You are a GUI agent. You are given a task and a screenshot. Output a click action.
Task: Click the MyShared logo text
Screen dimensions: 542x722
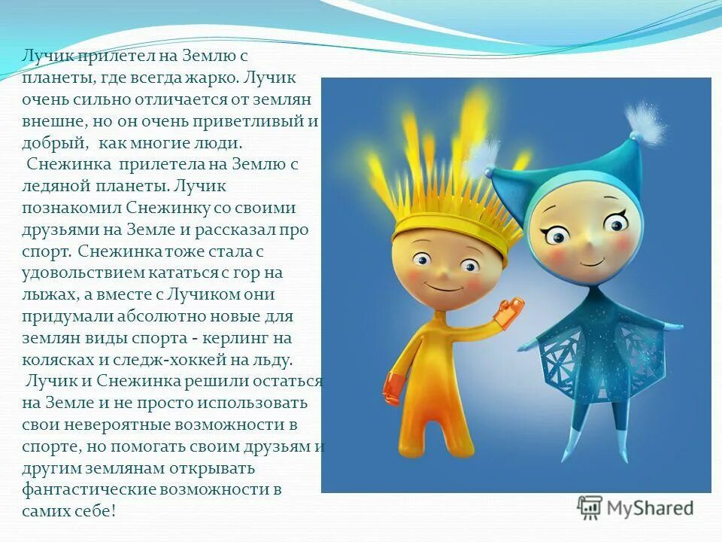pyautogui.click(x=650, y=508)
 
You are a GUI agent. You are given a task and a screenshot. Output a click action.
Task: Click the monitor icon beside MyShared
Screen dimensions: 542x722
pyautogui.click(x=590, y=507)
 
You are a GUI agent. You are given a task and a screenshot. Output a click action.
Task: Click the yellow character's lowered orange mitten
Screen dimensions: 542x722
pyautogui.click(x=393, y=388)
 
